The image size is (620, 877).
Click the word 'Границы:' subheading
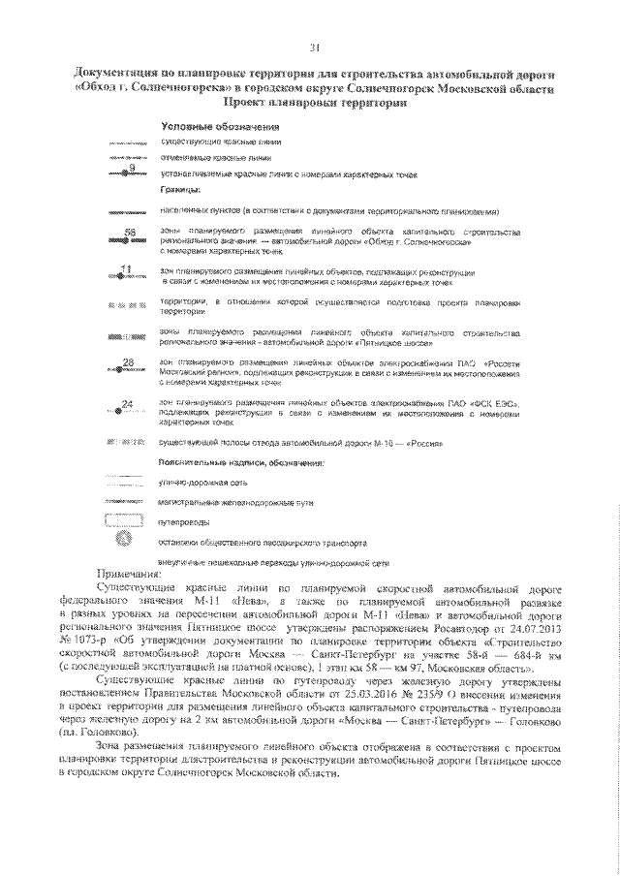click(x=180, y=190)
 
